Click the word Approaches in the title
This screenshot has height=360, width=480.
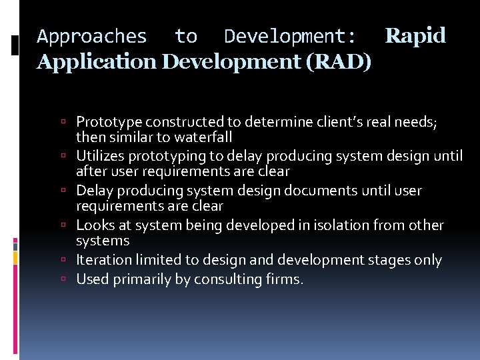pos(92,36)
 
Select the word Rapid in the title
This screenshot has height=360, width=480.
pos(415,35)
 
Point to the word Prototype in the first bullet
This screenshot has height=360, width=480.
pos(109,122)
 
